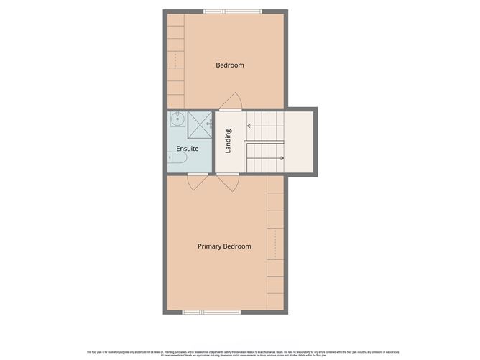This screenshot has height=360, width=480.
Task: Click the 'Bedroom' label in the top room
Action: [x=230, y=65]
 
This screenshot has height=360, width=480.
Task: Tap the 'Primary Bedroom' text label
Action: [x=224, y=246]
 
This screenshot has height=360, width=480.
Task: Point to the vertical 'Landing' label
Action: [x=229, y=141]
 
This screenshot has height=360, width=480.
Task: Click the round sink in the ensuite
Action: [x=177, y=119]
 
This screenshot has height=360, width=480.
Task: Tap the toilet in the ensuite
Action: [x=178, y=157]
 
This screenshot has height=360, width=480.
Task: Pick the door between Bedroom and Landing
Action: [x=231, y=102]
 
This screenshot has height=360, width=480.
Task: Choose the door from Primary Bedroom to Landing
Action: [x=229, y=183]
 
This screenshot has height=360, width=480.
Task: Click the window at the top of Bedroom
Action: [x=223, y=11]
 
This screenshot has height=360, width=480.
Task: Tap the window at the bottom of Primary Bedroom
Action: [x=202, y=312]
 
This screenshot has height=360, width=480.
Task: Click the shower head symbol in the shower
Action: [x=209, y=124]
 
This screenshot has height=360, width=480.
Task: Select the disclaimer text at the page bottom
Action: [x=240, y=353]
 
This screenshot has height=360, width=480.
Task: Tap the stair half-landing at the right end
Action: [x=300, y=142]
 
